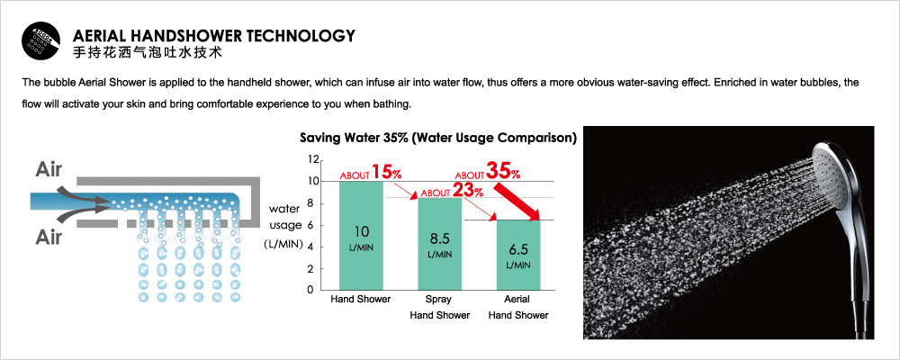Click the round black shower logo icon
(40, 41)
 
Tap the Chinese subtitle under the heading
(148, 53)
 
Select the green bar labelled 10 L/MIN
(361, 236)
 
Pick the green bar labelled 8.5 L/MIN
(440, 243)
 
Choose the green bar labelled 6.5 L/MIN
(518, 255)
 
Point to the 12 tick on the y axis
(313, 159)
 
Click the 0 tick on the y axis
(310, 290)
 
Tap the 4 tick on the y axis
(310, 247)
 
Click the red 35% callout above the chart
(488, 171)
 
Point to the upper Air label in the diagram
(49, 169)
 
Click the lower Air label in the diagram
(49, 237)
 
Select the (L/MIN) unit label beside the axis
(283, 244)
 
